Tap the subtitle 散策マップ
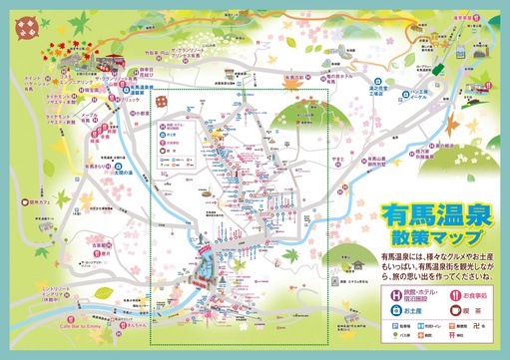(x=432, y=237)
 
